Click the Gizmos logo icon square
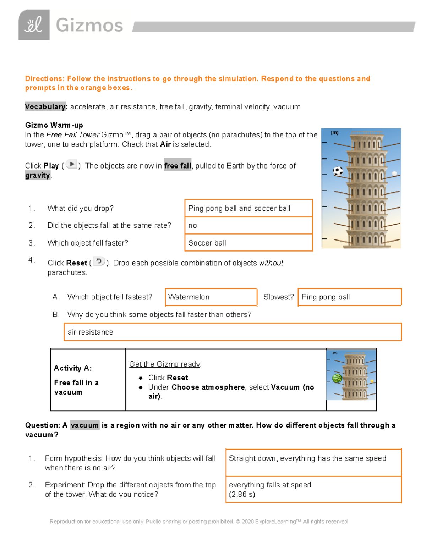(x=34, y=25)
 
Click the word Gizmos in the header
(x=89, y=26)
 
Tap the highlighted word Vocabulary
(x=46, y=107)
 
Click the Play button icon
(x=72, y=164)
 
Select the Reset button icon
(x=99, y=261)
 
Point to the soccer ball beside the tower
(x=338, y=171)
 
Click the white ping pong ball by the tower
(x=394, y=173)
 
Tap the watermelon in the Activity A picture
(x=337, y=378)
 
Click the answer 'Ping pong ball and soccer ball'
(x=239, y=208)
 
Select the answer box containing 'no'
(x=248, y=226)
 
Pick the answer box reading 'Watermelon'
(x=211, y=297)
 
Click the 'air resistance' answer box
(x=233, y=332)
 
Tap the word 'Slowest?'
(x=278, y=297)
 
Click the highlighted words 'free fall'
(x=177, y=166)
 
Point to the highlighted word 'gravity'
(x=38, y=175)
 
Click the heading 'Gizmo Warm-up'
(x=54, y=125)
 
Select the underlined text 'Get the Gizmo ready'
(x=165, y=364)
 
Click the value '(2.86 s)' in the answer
(x=242, y=495)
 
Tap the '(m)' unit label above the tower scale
(x=334, y=133)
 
